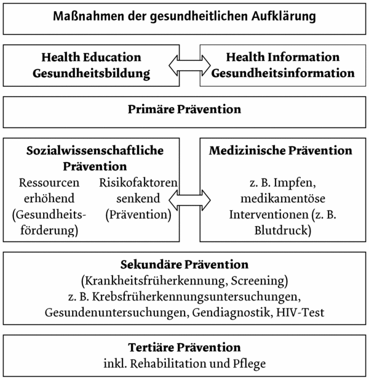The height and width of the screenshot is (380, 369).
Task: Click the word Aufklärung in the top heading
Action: (284, 17)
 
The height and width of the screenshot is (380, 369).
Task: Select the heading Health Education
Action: (91, 57)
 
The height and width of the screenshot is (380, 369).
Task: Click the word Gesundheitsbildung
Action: (92, 74)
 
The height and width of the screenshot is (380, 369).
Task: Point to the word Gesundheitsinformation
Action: (283, 73)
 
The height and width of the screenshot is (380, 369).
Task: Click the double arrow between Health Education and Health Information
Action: (189, 65)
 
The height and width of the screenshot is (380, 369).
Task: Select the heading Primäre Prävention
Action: (184, 109)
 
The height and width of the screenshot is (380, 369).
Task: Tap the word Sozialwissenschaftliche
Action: (95, 150)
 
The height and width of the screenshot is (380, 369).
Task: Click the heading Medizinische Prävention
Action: (280, 150)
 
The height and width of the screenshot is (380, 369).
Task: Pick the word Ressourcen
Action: (49, 183)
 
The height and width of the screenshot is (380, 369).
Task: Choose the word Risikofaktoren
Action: (138, 183)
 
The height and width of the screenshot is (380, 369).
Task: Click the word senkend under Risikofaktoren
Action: (138, 198)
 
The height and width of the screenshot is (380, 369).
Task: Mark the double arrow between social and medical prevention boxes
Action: (189, 200)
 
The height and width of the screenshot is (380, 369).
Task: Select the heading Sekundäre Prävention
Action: (184, 264)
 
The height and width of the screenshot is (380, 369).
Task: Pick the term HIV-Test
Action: (300, 312)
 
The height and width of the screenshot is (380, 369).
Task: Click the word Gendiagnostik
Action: (232, 313)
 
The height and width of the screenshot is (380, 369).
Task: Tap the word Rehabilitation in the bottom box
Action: (168, 363)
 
